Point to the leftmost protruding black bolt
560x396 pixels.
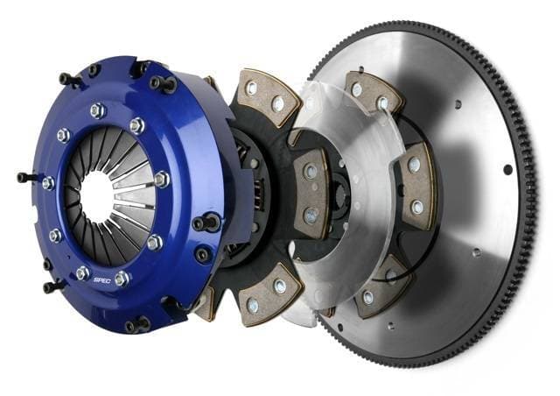tap(24, 177)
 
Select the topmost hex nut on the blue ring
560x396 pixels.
tap(98, 110)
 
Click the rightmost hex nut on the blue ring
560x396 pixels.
tap(162, 180)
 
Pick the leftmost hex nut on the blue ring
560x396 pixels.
tap(48, 183)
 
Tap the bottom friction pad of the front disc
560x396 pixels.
tap(266, 294)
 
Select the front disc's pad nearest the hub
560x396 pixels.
tap(311, 192)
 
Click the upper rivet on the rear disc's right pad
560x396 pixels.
tap(416, 166)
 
